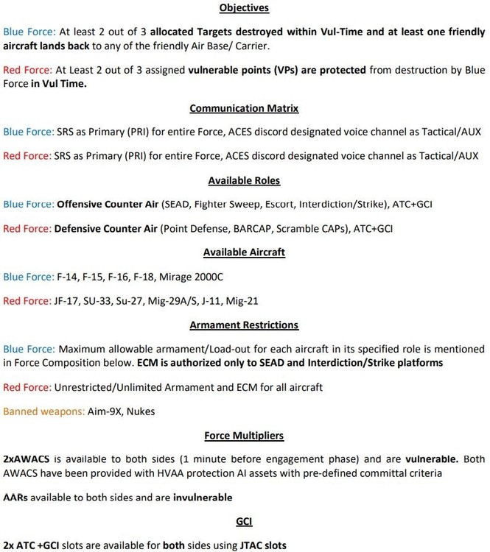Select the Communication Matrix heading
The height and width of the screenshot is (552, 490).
pyautogui.click(x=245, y=109)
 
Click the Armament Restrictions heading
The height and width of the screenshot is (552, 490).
pyautogui.click(x=245, y=324)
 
